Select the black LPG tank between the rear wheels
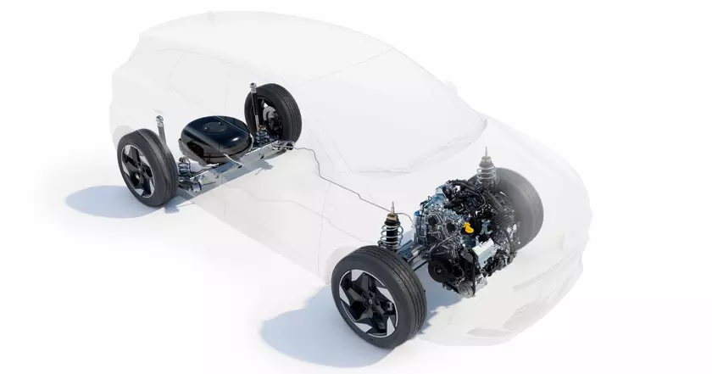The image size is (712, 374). [207, 137]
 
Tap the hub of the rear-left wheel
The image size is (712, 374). [135, 168]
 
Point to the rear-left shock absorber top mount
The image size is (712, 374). [158, 120]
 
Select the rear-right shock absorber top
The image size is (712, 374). [252, 85]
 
